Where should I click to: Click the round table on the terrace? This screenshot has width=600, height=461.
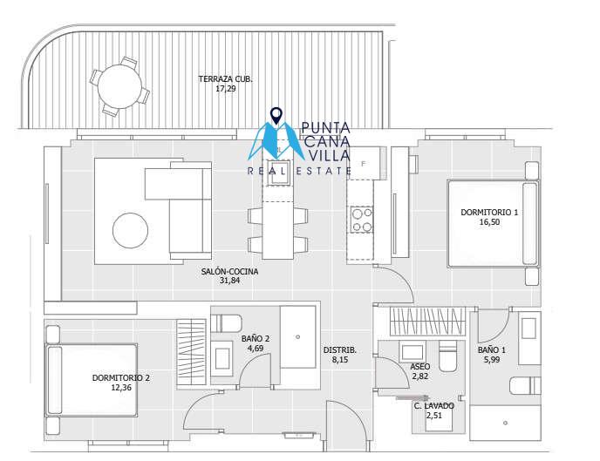[x=119, y=87]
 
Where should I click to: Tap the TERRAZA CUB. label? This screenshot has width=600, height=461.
[x=225, y=79]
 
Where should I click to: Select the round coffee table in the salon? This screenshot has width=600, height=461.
[x=130, y=230]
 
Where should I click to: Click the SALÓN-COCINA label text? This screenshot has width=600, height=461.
[x=229, y=271]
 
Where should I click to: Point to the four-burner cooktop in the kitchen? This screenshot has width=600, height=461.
[x=362, y=220]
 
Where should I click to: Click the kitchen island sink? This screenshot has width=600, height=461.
[x=278, y=172]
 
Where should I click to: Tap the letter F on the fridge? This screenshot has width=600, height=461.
[x=364, y=164]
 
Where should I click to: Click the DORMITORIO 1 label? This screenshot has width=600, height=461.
[x=489, y=212]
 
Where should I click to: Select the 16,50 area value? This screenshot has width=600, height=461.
[x=489, y=222]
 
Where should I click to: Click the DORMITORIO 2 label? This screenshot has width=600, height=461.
[x=121, y=378]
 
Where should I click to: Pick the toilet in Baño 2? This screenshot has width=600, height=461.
[x=226, y=323]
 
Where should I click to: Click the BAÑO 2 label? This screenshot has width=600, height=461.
[x=256, y=339]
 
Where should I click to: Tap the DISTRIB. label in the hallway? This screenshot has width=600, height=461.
[x=340, y=349]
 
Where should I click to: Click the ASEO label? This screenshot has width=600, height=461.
[x=419, y=367]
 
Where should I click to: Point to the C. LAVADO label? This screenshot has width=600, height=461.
[x=434, y=405]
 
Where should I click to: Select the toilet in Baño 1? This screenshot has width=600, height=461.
[x=525, y=386]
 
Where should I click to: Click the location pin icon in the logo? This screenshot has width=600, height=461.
[x=276, y=116]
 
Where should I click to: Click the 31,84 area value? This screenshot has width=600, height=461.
[x=229, y=281]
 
